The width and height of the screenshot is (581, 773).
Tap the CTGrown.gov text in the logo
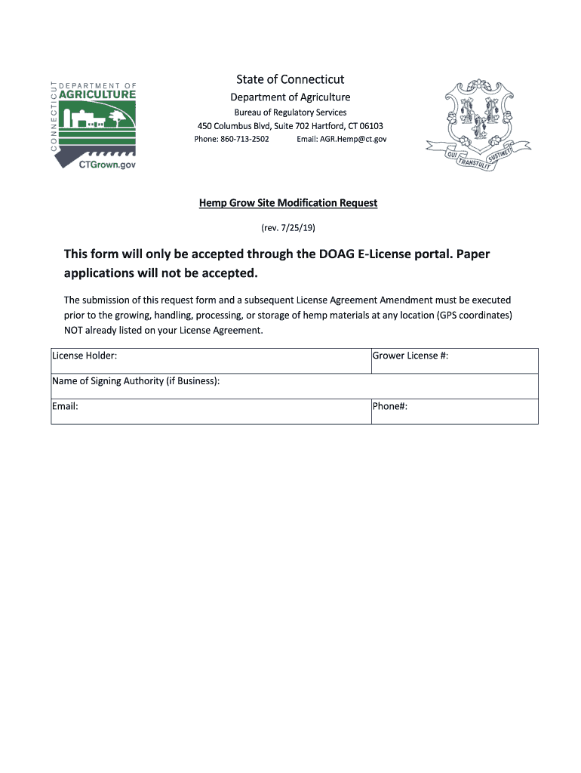point(108,165)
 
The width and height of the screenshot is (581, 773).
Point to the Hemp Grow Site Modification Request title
point(288,203)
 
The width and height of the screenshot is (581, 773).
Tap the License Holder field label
point(84,356)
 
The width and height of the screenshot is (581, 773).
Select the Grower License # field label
point(410,356)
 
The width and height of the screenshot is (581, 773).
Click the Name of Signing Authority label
point(136,381)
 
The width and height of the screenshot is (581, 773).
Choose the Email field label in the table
point(65,406)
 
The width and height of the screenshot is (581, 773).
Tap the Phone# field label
point(390,406)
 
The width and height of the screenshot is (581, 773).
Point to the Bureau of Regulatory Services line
point(290,112)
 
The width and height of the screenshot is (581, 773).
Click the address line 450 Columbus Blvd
point(290,126)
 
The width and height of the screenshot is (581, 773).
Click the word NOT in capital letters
point(75,330)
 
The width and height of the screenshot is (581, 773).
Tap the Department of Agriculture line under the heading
point(290,97)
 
